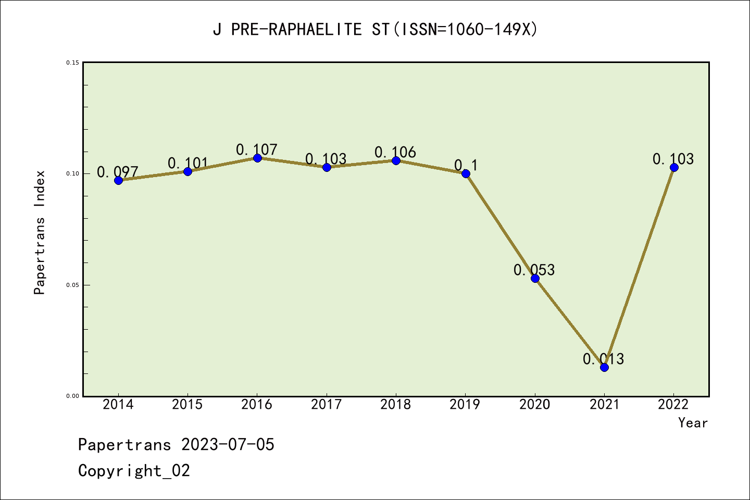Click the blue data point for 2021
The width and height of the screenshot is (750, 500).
point(604,367)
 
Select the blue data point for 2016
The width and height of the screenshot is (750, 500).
point(257,158)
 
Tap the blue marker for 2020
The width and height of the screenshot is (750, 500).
point(535,278)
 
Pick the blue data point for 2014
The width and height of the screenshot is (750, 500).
point(118,180)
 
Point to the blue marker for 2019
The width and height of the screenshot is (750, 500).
point(466,173)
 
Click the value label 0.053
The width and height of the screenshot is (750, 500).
point(534,270)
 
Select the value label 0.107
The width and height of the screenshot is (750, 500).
point(256,150)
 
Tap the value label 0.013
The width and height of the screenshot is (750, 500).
point(603,359)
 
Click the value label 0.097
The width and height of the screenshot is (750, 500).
point(118,172)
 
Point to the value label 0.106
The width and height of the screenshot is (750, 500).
point(395,152)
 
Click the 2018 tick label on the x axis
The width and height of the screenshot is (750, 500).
point(396,405)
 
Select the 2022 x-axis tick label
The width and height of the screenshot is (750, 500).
point(673,405)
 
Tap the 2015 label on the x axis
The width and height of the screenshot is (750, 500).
point(187,405)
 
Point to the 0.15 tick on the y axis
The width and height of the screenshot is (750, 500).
point(72,63)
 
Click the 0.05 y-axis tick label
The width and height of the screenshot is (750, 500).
point(72,285)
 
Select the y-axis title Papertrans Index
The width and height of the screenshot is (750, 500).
point(40,232)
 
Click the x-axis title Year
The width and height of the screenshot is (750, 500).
point(693,423)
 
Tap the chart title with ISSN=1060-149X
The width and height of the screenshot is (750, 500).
point(375,29)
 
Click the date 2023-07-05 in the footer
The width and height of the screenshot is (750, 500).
point(228,445)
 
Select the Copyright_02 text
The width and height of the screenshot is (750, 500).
point(134,471)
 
